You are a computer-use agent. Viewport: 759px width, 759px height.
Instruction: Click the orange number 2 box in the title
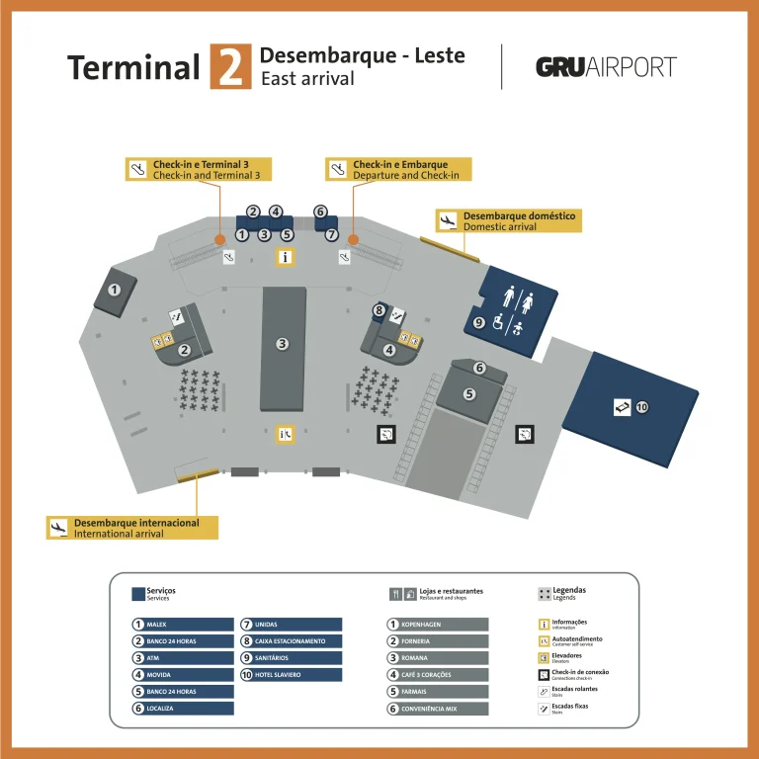pyautogui.click(x=230, y=67)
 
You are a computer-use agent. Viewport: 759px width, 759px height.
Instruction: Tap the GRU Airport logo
pyautogui.click(x=606, y=67)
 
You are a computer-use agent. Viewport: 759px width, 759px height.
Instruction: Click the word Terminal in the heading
pyautogui.click(x=133, y=67)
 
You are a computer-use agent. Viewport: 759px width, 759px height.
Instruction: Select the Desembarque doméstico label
pyautogui.click(x=508, y=220)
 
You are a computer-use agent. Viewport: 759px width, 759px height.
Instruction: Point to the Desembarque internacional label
pyautogui.click(x=132, y=528)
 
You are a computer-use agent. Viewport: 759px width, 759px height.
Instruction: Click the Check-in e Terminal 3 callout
pyautogui.click(x=201, y=169)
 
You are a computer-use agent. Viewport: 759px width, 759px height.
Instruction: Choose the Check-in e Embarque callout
pyautogui.click(x=399, y=169)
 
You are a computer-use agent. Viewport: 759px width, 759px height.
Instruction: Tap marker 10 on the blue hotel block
pyautogui.click(x=641, y=406)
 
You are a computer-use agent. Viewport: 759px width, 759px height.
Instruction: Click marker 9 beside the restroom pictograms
pyautogui.click(x=478, y=322)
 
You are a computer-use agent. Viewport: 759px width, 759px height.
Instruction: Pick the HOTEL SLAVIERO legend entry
pyautogui.click(x=291, y=675)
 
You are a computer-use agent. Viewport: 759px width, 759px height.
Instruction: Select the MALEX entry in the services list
pyautogui.click(x=183, y=625)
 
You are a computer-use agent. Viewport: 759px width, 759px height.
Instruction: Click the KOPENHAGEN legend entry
pyautogui.click(x=437, y=625)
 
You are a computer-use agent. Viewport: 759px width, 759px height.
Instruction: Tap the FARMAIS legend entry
pyautogui.click(x=437, y=692)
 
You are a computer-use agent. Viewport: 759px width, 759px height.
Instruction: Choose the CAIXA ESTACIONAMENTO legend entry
pyautogui.click(x=291, y=641)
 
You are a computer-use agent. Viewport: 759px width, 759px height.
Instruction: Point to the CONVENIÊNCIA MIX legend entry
pyautogui.click(x=437, y=709)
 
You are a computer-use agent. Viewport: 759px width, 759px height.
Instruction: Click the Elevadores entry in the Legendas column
pyautogui.click(x=565, y=657)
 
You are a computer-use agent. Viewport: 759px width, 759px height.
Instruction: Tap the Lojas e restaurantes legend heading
pyautogui.click(x=436, y=594)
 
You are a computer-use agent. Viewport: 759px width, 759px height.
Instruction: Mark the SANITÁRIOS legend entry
pyautogui.click(x=291, y=658)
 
